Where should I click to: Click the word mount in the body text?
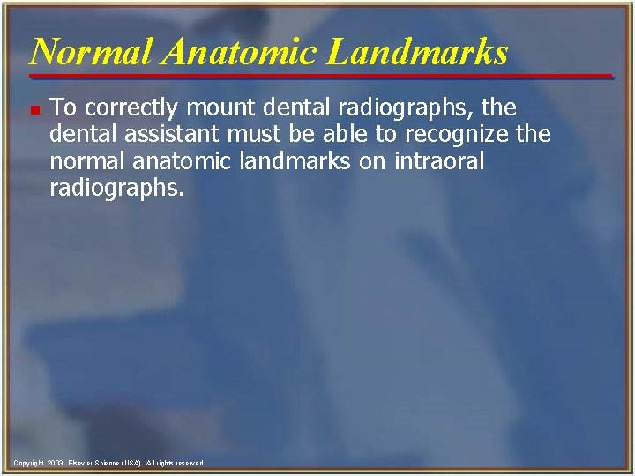pos(215,108)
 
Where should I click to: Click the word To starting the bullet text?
pos(63,108)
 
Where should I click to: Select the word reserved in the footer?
pos(188,463)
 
